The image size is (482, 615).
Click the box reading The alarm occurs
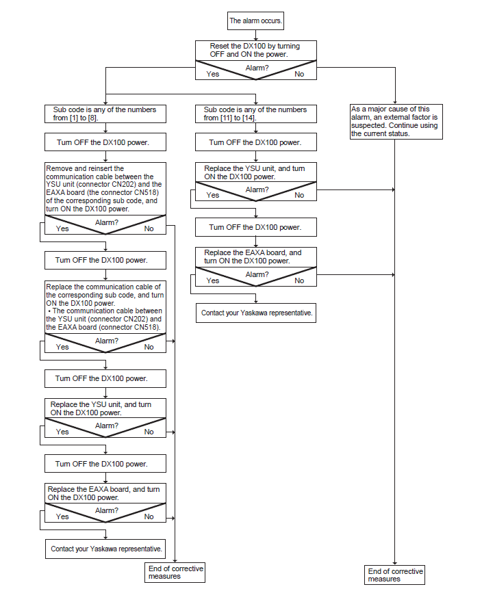coord(255,21)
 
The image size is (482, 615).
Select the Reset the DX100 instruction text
coord(255,50)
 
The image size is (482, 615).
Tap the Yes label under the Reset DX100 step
coord(213,74)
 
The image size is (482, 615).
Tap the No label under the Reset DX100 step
coord(299,74)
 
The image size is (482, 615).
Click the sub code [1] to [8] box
coord(105,114)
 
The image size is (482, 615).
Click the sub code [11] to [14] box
coord(256,114)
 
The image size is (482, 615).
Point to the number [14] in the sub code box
coord(249,118)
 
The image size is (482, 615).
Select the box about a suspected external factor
coord(396,122)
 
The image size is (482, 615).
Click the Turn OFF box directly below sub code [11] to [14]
coord(256,142)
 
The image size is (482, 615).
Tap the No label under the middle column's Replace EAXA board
coord(299,280)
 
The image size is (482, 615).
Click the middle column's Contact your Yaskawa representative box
coord(256,313)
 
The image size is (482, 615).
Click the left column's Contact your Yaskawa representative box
coord(105,549)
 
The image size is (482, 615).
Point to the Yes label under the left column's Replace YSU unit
coord(62,432)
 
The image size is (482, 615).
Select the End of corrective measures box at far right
coord(394,575)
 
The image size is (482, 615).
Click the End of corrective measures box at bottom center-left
coord(175,573)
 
